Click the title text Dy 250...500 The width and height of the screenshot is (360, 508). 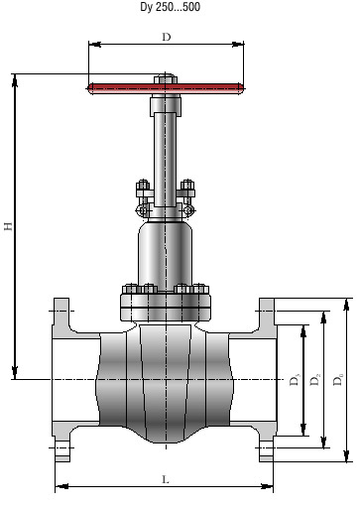click(170, 7)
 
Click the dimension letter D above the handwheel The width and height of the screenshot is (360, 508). click(167, 37)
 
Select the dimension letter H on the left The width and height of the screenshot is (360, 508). click(8, 226)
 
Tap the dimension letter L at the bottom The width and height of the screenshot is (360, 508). click(166, 479)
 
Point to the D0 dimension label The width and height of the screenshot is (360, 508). click(338, 379)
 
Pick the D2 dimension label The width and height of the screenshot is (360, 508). click(315, 379)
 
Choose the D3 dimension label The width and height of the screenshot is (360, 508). click(295, 379)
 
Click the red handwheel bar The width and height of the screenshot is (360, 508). click(166, 88)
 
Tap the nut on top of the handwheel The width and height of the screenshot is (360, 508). click(166, 78)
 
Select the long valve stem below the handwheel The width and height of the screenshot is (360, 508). click(165, 160)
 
